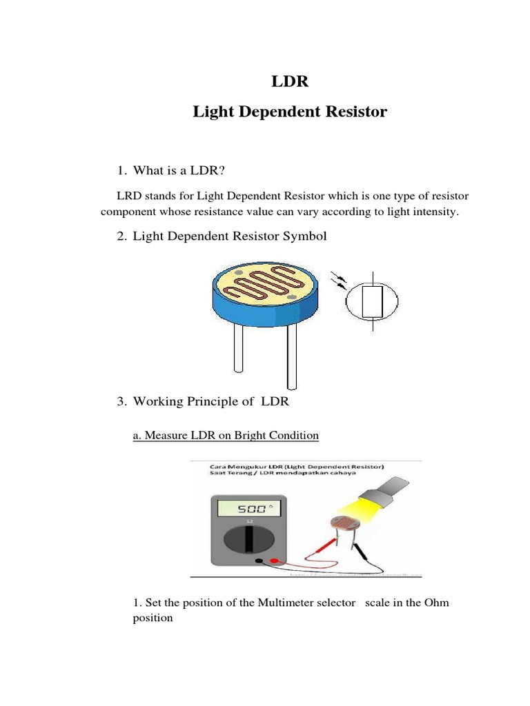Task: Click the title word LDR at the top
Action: coord(290,82)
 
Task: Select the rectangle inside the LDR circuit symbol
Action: coord(373,301)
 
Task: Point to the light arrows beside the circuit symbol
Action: coord(341,280)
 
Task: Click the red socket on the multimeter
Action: coord(275,561)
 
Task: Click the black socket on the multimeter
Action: coord(259,561)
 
